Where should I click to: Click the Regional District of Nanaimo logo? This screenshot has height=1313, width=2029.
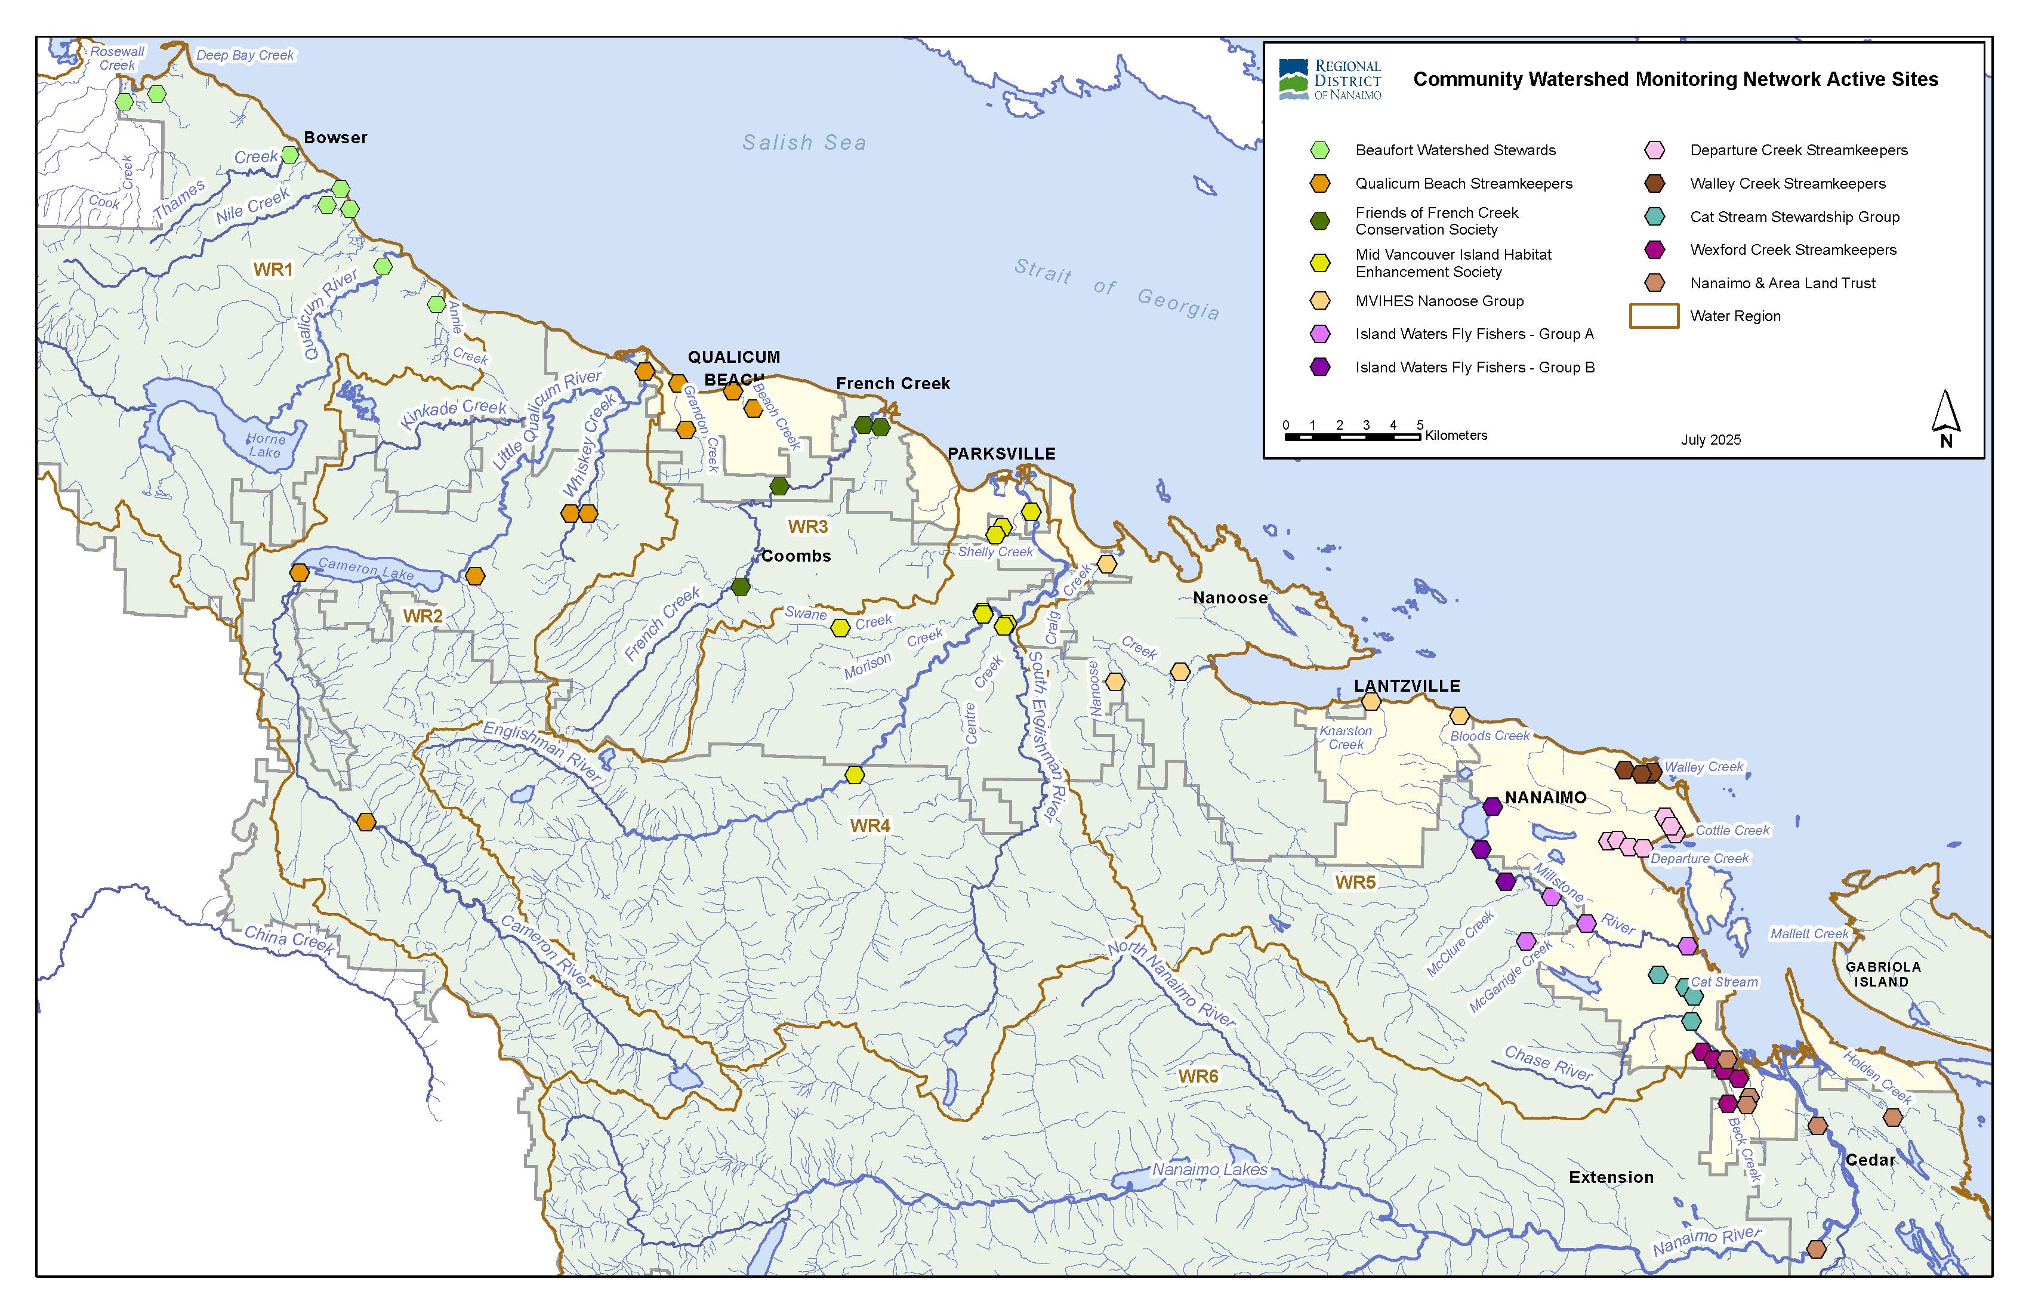coord(1330,79)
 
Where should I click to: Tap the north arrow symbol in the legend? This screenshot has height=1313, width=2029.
coord(1945,418)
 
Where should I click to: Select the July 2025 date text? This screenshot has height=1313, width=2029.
coord(1710,440)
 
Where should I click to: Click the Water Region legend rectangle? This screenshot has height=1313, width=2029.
coord(1653,316)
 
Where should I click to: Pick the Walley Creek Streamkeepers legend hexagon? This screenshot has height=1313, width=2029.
coord(1655,183)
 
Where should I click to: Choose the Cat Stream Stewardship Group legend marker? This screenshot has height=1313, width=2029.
coord(1655,217)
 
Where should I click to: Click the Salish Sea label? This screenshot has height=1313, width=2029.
coord(804,143)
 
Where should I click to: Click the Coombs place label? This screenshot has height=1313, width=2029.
coord(795,556)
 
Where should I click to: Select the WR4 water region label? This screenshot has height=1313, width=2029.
coord(869,825)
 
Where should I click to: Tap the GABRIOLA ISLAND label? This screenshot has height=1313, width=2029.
coord(1882,975)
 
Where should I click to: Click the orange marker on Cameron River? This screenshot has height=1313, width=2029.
coord(366,822)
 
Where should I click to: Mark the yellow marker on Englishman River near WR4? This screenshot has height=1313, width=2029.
coord(854,775)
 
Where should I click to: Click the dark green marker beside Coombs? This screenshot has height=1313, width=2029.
coord(740,587)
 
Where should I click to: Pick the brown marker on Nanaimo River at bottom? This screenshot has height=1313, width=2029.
coord(1816,1249)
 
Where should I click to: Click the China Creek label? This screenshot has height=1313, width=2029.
coord(289,939)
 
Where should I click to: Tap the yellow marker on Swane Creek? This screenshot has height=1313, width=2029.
coord(841,627)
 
